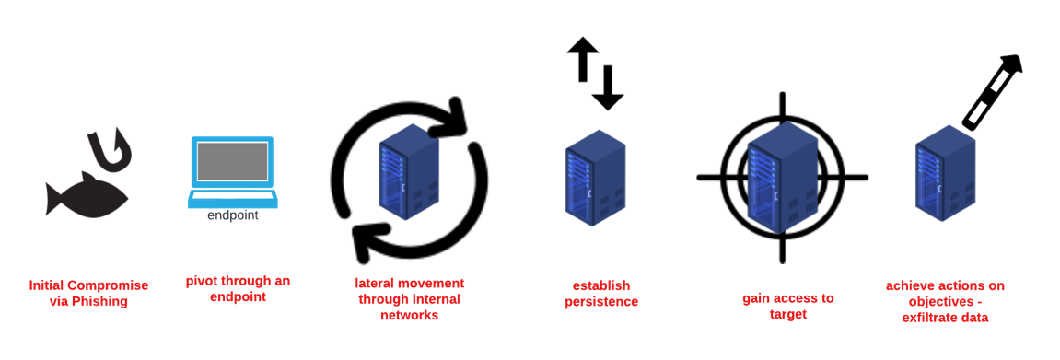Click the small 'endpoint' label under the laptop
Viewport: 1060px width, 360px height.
(x=232, y=215)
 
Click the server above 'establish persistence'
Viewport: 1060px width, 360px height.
(x=595, y=180)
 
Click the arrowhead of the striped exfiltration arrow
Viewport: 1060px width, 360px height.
(x=1013, y=64)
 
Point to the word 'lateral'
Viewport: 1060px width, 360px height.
(x=375, y=283)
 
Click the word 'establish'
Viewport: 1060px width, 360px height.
(x=600, y=285)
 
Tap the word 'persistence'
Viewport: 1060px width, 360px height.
(x=600, y=302)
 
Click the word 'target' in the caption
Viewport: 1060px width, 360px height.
(x=787, y=314)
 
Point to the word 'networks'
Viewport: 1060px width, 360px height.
(x=409, y=315)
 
